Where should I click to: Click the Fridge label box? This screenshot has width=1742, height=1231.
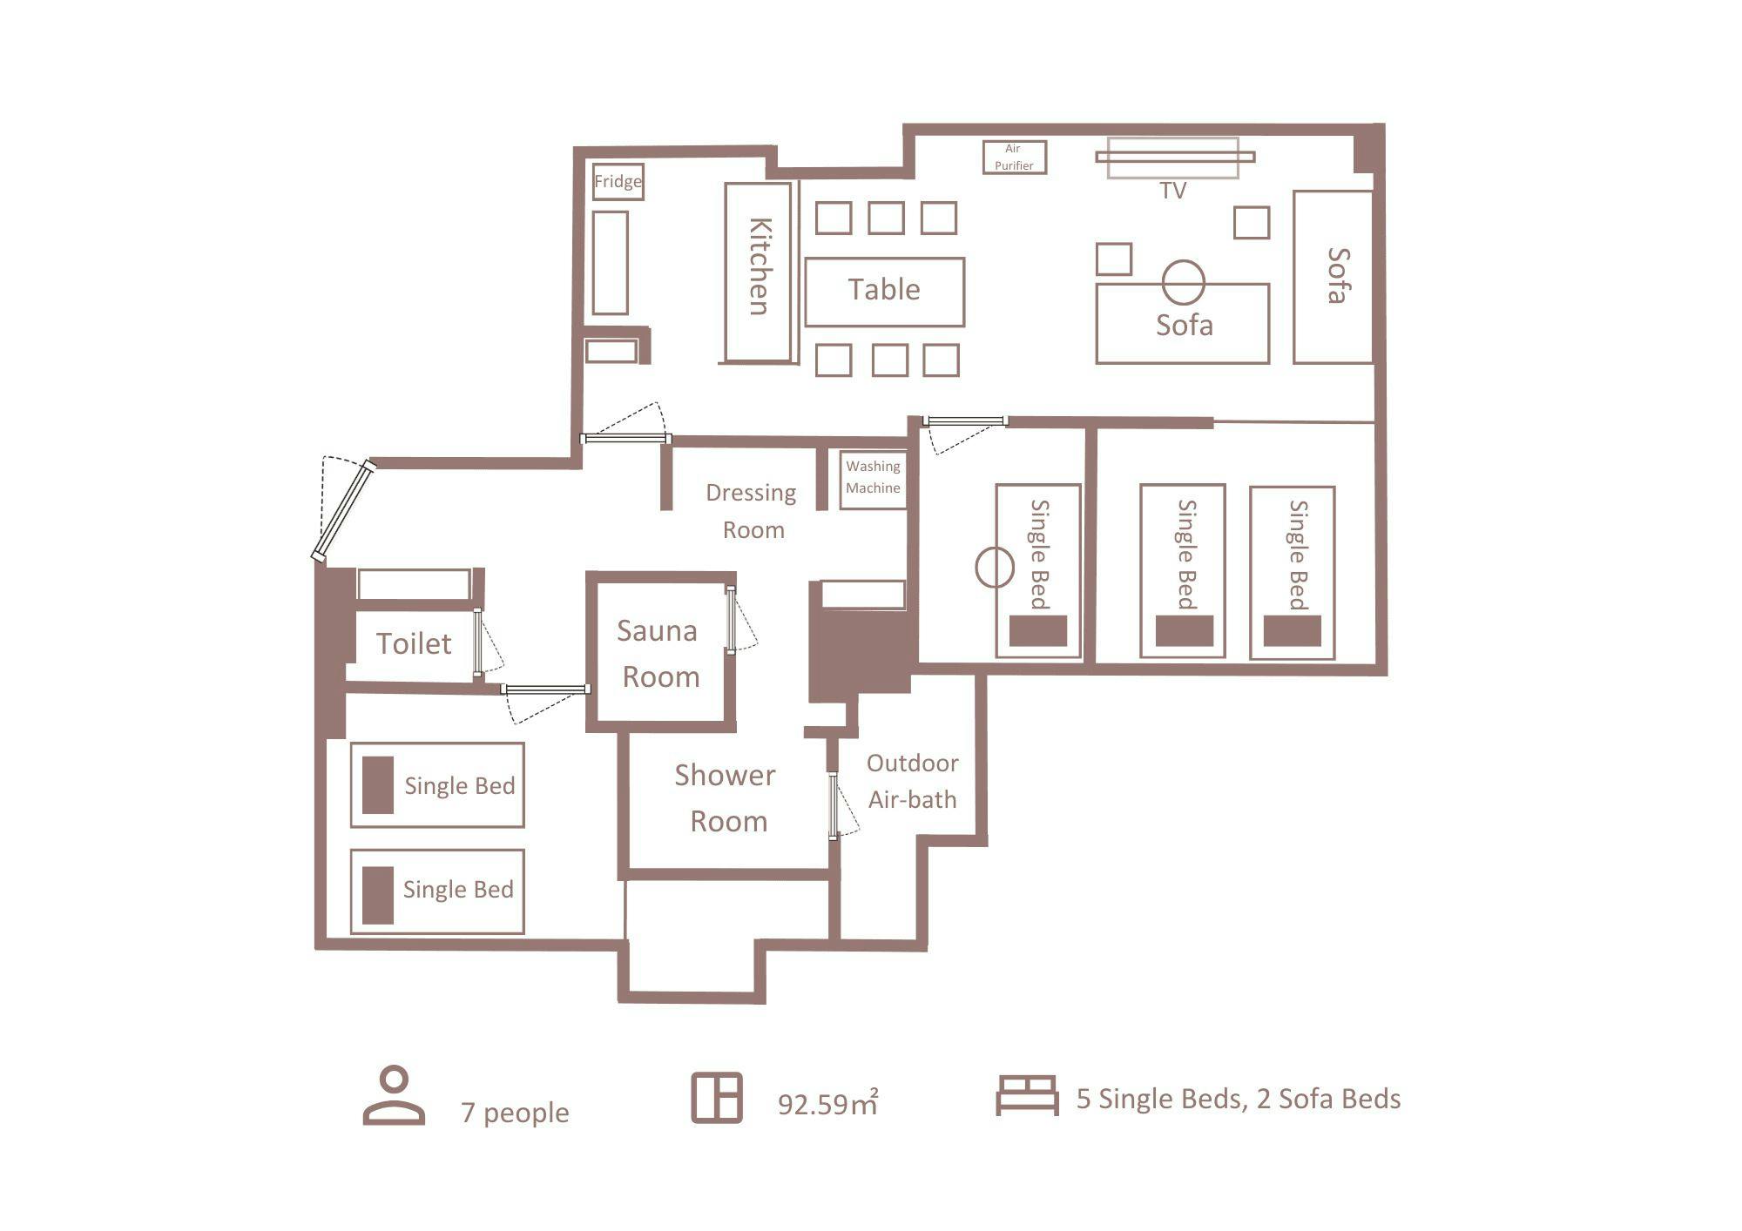tap(618, 182)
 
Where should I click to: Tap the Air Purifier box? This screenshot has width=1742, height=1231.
tap(1014, 158)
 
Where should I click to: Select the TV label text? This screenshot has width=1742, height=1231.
tap(1173, 191)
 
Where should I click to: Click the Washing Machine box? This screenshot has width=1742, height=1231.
tap(873, 479)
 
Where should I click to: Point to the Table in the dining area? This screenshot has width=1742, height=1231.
tap(884, 292)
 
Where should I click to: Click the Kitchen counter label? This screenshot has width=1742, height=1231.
tap(760, 266)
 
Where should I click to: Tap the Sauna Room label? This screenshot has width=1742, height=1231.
tap(659, 654)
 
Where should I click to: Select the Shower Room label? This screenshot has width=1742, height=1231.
tap(726, 798)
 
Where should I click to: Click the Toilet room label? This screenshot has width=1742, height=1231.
tap(414, 644)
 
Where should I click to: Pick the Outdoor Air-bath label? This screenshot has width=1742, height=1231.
tap(912, 782)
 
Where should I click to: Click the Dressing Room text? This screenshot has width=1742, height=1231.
tap(752, 512)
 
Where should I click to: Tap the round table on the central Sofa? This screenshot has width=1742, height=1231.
tap(1183, 282)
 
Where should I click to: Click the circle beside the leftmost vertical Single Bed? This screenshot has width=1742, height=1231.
tap(994, 568)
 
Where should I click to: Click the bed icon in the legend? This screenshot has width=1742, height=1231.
tap(1027, 1095)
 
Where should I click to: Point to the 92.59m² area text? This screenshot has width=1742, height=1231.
tap(827, 1103)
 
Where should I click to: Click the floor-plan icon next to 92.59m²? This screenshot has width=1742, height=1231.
tap(717, 1098)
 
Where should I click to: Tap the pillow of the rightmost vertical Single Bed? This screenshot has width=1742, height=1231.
tap(1292, 631)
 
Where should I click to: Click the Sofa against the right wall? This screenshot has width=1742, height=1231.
tap(1333, 277)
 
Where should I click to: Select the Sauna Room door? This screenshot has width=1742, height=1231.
tap(731, 620)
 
